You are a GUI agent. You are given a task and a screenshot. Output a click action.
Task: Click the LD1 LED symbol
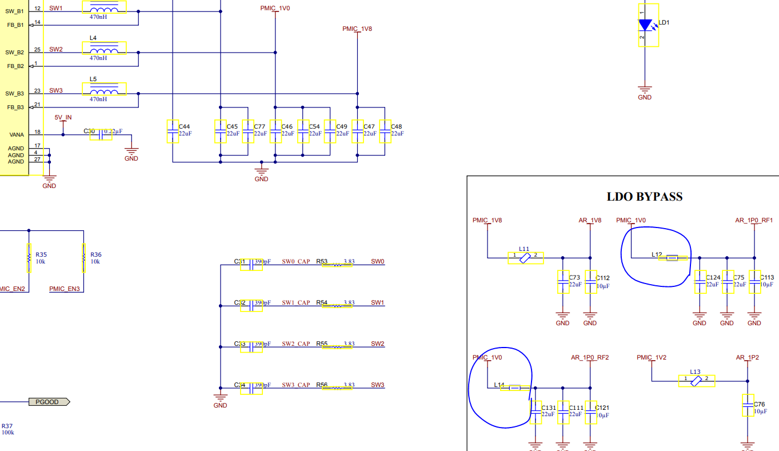645,25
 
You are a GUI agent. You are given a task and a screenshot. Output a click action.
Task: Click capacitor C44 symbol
173,131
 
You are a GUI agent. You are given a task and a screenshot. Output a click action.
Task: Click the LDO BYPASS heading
644,197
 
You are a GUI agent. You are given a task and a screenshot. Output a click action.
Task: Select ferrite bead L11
525,258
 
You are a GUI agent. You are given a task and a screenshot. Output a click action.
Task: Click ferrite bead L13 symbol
696,381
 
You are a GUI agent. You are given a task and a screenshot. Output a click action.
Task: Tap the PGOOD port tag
49,402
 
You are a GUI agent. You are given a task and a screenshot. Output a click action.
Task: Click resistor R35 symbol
28,258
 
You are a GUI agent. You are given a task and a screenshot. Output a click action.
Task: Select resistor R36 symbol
83,258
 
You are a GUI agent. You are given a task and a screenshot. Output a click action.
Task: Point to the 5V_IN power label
63,118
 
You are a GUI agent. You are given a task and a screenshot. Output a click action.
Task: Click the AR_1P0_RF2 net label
590,358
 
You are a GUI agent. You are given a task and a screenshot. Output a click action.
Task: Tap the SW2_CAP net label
295,344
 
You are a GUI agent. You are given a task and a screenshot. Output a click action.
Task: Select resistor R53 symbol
337,265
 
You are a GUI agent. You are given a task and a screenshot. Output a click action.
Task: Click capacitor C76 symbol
747,405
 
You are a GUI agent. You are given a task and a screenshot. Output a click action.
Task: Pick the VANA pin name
17,135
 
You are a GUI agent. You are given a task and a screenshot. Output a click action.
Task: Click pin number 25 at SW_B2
37,50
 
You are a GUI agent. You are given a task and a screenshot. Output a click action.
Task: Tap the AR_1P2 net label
747,358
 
